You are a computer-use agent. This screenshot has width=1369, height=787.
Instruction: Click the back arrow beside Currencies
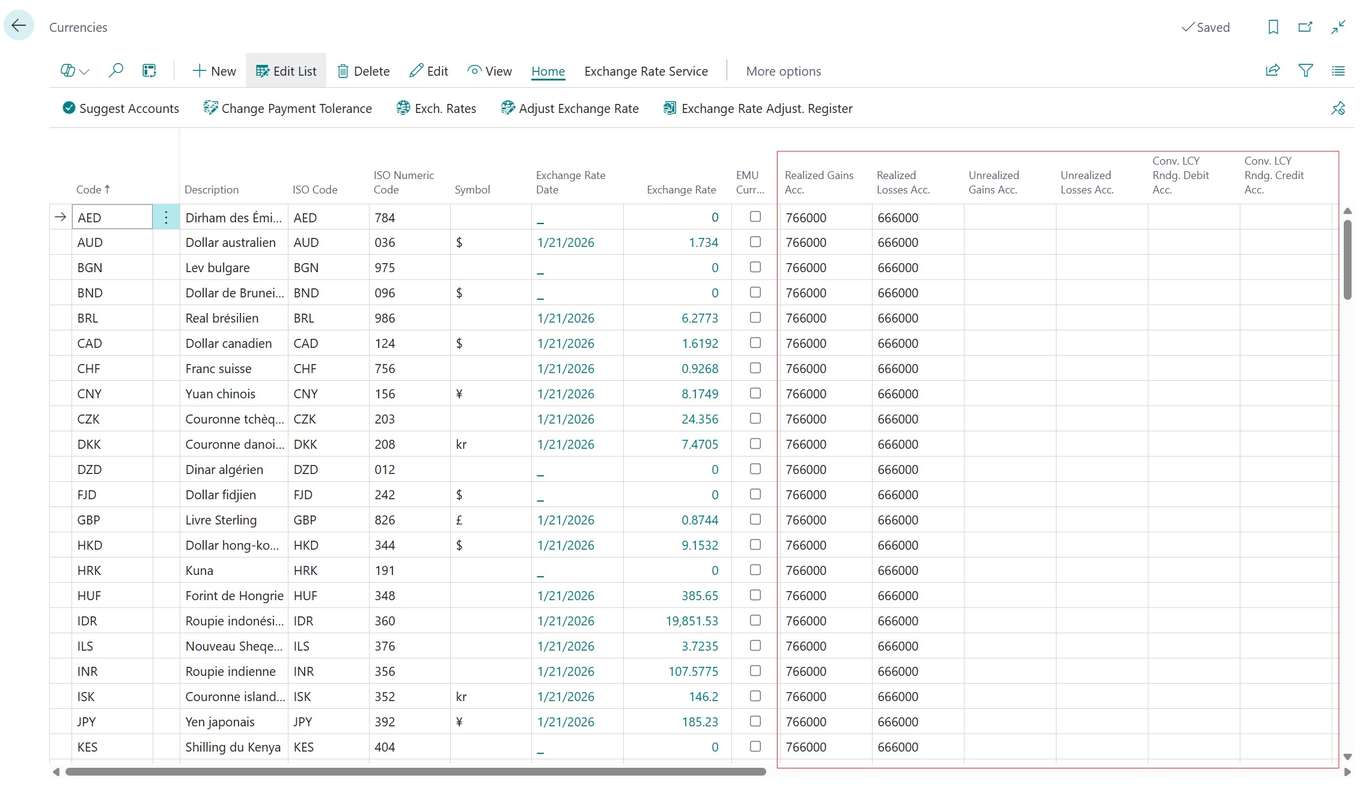pos(19,26)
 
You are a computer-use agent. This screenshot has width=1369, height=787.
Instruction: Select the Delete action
pos(364,71)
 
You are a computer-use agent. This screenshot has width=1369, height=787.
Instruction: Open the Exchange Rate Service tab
pos(646,71)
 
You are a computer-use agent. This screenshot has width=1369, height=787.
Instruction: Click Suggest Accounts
pos(121,109)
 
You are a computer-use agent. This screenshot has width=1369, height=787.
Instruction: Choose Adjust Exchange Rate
pos(570,109)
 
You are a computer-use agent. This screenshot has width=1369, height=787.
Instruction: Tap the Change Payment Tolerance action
pos(288,109)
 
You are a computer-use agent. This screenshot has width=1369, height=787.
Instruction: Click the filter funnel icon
pos(1305,71)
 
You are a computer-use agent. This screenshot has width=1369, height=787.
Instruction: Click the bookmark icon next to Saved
pos(1273,27)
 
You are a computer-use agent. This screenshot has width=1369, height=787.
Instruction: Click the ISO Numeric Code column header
pos(403,182)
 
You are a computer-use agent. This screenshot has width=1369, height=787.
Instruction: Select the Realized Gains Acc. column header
pos(819,182)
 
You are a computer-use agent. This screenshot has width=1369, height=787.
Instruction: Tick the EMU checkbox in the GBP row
pos(755,520)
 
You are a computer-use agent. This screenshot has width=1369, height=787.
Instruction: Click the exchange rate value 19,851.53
pos(692,621)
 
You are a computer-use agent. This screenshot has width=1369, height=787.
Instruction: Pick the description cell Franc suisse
pos(219,369)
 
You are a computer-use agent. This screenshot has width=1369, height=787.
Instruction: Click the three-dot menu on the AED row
pos(166,217)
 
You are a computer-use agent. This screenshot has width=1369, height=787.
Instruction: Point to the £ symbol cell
pos(459,520)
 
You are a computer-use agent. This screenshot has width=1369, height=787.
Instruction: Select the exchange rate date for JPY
pos(566,722)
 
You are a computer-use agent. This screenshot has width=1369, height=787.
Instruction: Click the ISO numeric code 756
pos(385,369)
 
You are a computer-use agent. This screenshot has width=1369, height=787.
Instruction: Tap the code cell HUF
pos(90,596)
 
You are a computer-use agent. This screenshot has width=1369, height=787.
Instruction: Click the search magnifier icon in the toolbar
pos(115,71)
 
